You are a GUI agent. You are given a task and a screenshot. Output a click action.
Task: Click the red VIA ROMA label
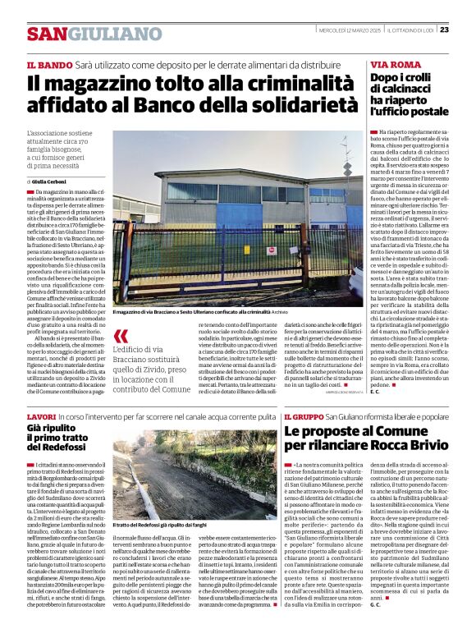393,64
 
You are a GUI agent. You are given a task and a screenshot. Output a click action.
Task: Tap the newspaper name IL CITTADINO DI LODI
410,30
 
